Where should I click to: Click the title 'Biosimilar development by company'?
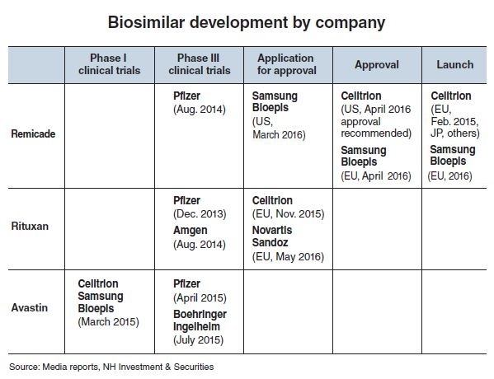tap(247, 23)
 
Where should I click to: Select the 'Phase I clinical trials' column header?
tap(110, 64)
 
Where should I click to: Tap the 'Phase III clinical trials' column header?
tap(199, 64)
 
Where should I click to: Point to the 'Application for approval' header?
tap(287, 64)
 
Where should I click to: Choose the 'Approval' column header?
tap(377, 64)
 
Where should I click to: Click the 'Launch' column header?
tap(455, 64)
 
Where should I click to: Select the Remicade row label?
tap(33, 133)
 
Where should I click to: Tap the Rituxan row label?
tap(30, 226)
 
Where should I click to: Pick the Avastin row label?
tap(30, 307)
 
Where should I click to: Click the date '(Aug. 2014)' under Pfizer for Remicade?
tap(200, 110)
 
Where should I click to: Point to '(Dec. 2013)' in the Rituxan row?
tap(200, 214)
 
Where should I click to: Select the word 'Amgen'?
tap(191, 231)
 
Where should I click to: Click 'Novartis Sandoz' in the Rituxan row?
tap(272, 236)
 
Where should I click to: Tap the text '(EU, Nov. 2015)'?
tap(289, 214)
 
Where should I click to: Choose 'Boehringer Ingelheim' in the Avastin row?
tap(200, 321)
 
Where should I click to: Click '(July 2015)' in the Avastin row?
tap(198, 340)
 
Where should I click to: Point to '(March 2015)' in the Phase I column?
tap(108, 321)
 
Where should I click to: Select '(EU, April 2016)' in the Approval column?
tap(376, 176)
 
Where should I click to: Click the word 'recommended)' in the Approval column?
tap(376, 133)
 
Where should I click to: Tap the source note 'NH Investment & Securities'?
tap(158, 367)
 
